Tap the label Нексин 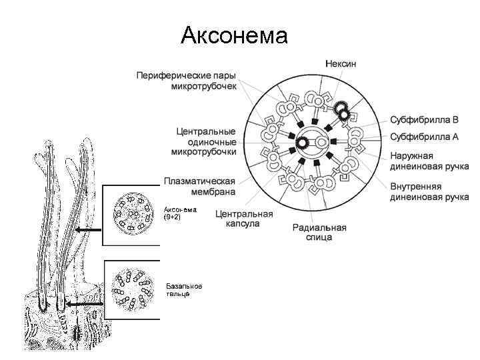point(340,63)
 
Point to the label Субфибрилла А point(424,137)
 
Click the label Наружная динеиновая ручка point(429,161)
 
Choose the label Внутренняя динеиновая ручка point(429,192)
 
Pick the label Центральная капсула point(244,219)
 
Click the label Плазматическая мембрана point(199,187)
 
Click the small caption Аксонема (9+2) point(181,213)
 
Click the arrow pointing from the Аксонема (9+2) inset point(87,230)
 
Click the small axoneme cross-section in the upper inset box point(131,213)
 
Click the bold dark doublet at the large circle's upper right point(342,110)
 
